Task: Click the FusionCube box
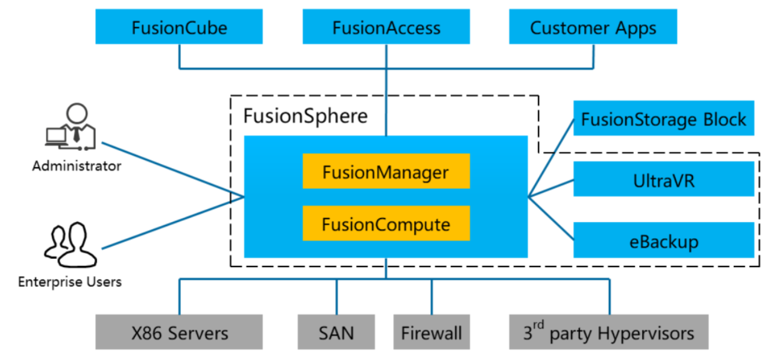coord(179,27)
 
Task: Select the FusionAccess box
coord(386,27)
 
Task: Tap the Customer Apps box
coord(593,27)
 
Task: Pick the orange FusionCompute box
coord(386,224)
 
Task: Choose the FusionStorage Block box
coord(663,119)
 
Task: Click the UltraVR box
coord(663,179)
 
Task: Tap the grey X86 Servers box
coord(179,332)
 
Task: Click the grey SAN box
coord(336,332)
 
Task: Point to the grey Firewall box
coord(431,332)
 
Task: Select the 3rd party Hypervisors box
coord(608,332)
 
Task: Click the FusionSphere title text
coord(305,115)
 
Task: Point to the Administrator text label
coord(77,166)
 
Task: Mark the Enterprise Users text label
coord(70,282)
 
